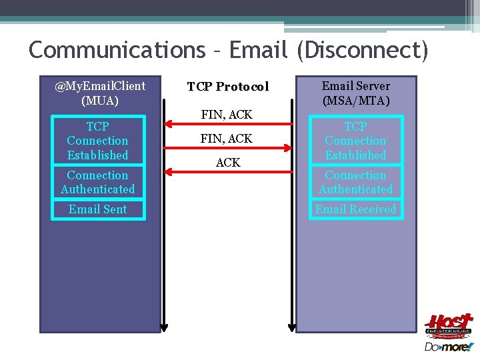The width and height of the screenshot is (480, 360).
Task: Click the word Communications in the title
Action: (x=117, y=49)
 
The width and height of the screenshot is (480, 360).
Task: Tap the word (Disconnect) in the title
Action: (x=361, y=49)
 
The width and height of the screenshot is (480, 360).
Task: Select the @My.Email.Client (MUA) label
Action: (x=100, y=93)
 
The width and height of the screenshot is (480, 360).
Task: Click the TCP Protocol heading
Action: (x=228, y=87)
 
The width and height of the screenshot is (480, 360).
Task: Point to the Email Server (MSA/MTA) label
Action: (x=355, y=93)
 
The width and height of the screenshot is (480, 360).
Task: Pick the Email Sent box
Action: (x=98, y=209)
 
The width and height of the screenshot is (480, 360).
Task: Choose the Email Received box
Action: (x=355, y=209)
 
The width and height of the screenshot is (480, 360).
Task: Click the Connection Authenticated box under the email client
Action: (x=98, y=182)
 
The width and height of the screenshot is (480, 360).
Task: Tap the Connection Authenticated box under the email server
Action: (x=355, y=182)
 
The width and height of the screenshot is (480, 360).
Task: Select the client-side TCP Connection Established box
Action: (x=98, y=141)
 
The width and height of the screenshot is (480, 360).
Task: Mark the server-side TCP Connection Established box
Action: (x=355, y=141)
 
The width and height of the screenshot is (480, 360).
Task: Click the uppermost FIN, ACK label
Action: (x=227, y=115)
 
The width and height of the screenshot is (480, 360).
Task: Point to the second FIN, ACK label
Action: (x=227, y=139)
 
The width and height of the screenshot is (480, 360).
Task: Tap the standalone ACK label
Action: (x=228, y=163)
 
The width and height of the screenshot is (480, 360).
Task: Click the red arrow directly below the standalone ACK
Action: (x=228, y=172)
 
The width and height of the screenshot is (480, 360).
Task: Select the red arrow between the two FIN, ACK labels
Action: (x=228, y=124)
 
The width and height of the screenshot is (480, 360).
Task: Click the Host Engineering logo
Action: (x=448, y=327)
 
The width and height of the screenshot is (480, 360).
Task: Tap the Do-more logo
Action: (x=448, y=347)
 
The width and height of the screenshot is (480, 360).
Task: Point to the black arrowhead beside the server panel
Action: (x=291, y=326)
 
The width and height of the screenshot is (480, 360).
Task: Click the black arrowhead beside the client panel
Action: (x=164, y=326)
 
